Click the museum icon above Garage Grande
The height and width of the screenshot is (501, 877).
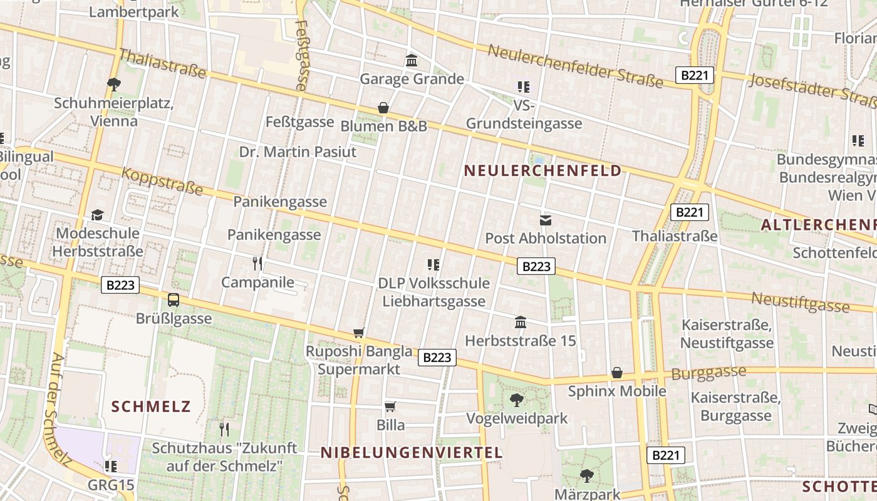pyautogui.click(x=412, y=61)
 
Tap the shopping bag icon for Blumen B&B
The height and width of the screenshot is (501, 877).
pyautogui.click(x=383, y=108)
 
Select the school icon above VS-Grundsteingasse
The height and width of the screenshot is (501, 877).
pyautogui.click(x=524, y=87)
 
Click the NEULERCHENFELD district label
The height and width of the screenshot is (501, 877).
pyautogui.click(x=542, y=170)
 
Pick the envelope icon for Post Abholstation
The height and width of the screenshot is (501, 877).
pyautogui.click(x=546, y=220)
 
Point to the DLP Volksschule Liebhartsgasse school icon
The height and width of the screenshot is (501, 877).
pyautogui.click(x=433, y=265)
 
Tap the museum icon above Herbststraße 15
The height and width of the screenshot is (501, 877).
pyautogui.click(x=520, y=323)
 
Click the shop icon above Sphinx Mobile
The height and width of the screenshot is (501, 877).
pyautogui.click(x=617, y=373)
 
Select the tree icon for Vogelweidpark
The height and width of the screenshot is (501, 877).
pyautogui.click(x=517, y=400)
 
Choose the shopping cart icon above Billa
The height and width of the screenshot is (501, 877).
pyautogui.click(x=390, y=407)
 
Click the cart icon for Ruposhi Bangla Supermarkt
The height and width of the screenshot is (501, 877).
pyautogui.click(x=359, y=333)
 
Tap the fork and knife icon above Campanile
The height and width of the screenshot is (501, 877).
pyautogui.click(x=257, y=264)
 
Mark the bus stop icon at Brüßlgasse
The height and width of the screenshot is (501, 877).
pyautogui.click(x=174, y=300)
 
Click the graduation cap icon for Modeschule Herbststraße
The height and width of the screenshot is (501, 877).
pyautogui.click(x=97, y=215)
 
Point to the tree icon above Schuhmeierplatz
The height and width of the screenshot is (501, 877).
pyautogui.click(x=113, y=85)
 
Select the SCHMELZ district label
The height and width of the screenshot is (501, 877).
pyautogui.click(x=151, y=406)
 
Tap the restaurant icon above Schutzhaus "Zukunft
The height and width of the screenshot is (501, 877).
pyautogui.click(x=224, y=430)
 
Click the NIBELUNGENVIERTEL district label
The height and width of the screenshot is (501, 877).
pyautogui.click(x=412, y=453)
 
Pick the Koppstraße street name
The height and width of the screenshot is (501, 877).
pyautogui.click(x=162, y=180)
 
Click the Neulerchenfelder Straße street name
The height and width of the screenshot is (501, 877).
pyautogui.click(x=575, y=66)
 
